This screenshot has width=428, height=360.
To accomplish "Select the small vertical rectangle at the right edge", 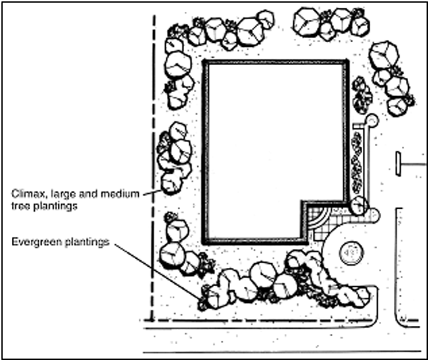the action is [x=398, y=163].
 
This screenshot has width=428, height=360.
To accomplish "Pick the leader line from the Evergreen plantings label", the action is [x=158, y=270].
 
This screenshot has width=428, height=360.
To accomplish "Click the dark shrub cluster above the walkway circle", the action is [x=362, y=94].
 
